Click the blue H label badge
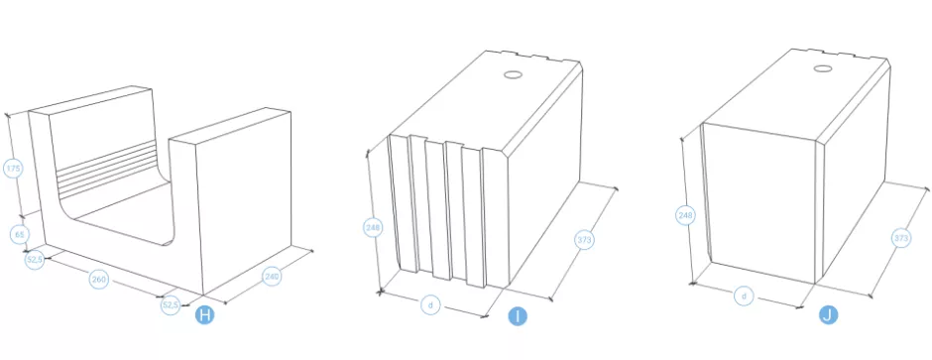pos(204,315)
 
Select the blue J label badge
pos(828,315)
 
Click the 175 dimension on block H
pos(13,169)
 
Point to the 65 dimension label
pos(20,235)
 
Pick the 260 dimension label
pos(99,280)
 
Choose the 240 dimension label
pos(272,276)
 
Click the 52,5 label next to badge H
pos(170,305)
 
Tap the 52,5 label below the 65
pos(35,260)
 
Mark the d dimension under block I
pos(430,305)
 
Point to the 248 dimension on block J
pos(686,215)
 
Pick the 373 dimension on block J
pos(901,239)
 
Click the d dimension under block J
pos(744,296)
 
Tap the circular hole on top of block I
pos(513,75)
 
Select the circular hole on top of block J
pos(823,68)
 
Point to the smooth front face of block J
pos(760,202)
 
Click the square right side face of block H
pos(244,205)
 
